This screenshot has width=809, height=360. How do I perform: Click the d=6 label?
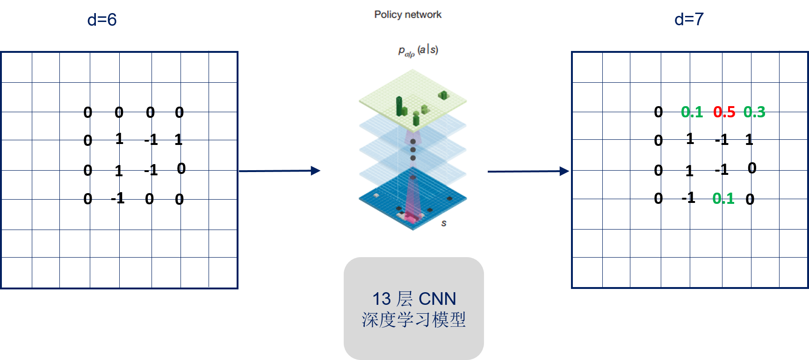[102, 20]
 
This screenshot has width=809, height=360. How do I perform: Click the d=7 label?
[689, 19]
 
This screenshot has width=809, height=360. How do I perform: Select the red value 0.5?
[724, 112]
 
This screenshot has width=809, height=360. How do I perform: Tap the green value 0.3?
[754, 112]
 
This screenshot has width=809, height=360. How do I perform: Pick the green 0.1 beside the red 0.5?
[692, 112]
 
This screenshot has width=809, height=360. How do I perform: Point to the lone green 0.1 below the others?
[723, 199]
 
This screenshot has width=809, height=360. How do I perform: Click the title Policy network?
[407, 14]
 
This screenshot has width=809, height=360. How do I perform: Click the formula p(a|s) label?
[418, 50]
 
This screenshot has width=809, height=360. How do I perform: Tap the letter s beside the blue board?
[444, 223]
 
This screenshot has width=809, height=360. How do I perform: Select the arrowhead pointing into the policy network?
[316, 171]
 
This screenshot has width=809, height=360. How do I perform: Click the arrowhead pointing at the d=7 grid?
[564, 171]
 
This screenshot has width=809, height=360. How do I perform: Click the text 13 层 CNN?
[414, 299]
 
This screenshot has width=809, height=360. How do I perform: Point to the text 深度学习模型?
[414, 320]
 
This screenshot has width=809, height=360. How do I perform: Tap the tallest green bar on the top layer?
[399, 106]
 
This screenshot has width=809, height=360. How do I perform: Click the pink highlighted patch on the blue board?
[411, 217]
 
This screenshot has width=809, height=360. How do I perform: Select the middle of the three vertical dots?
[413, 150]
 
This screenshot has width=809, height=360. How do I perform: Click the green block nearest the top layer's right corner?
[443, 95]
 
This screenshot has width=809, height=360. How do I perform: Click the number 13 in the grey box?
[381, 299]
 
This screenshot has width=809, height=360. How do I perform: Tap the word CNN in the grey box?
[437, 299]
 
